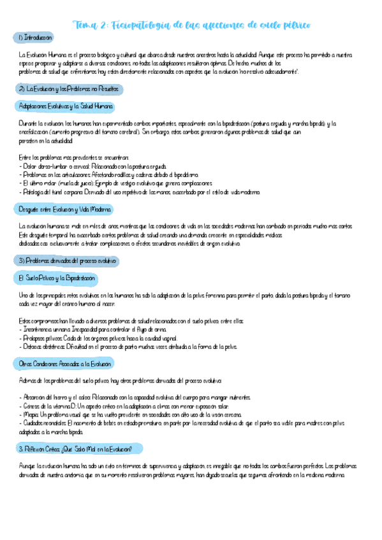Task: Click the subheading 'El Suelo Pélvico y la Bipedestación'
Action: tap(57, 278)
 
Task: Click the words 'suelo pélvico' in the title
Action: tap(281, 25)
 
